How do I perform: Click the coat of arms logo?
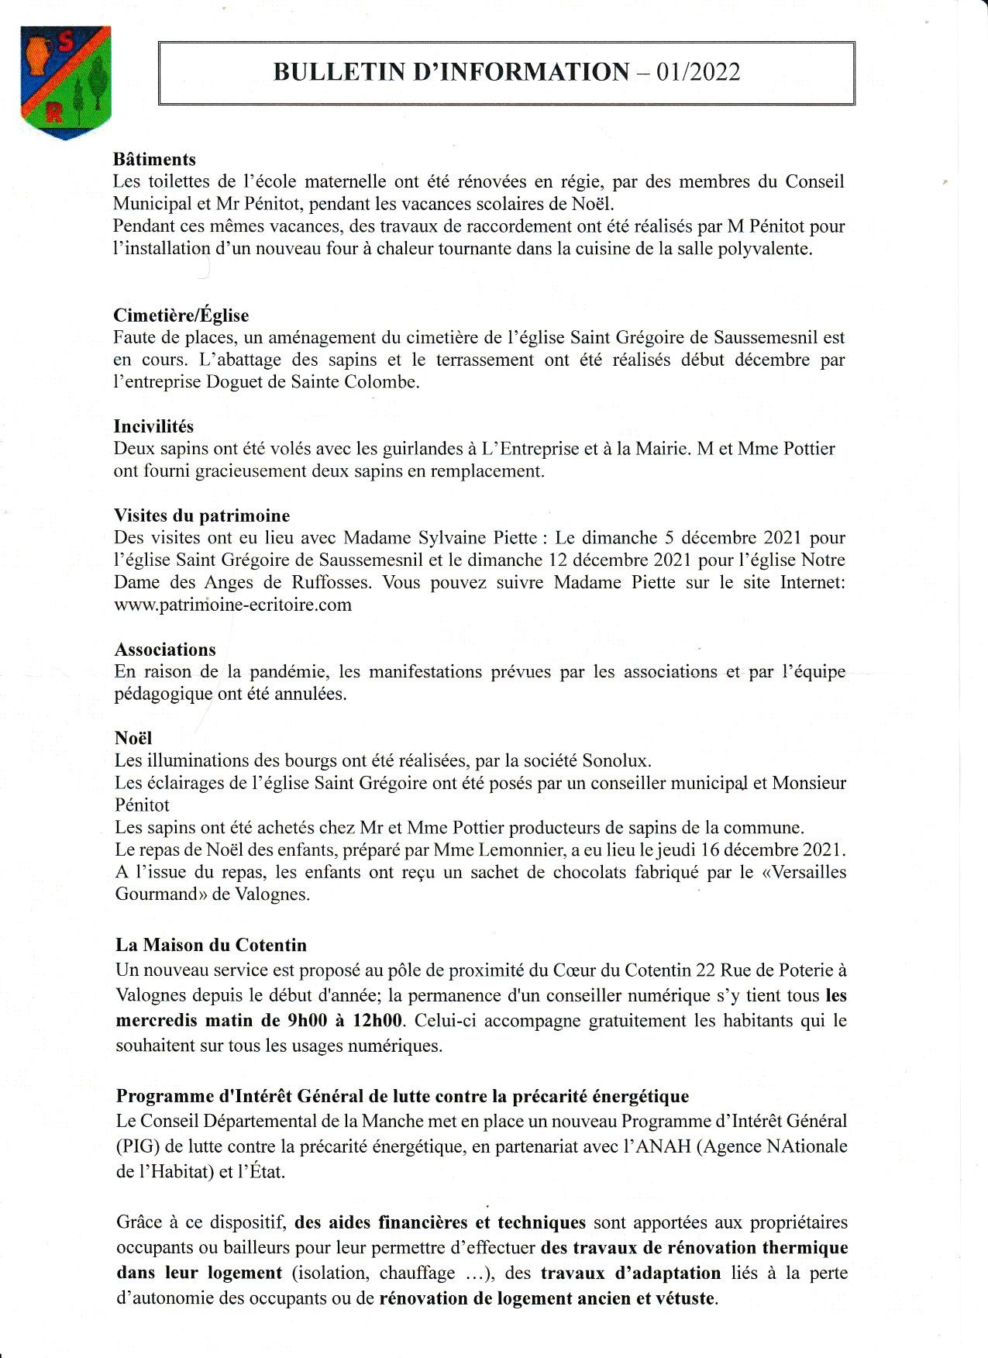point(65,82)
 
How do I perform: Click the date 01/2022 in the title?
point(697,72)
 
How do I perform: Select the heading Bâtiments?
point(154,160)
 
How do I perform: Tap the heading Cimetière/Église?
point(181,315)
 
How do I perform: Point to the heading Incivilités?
point(153,426)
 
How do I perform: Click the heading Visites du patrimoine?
point(201,515)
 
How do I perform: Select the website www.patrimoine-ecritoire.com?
point(232,605)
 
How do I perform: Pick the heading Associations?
point(165,650)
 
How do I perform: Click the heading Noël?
point(133,738)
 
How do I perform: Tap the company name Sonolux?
point(616,760)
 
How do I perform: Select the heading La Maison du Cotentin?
point(211,945)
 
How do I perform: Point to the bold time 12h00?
point(377,1020)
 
